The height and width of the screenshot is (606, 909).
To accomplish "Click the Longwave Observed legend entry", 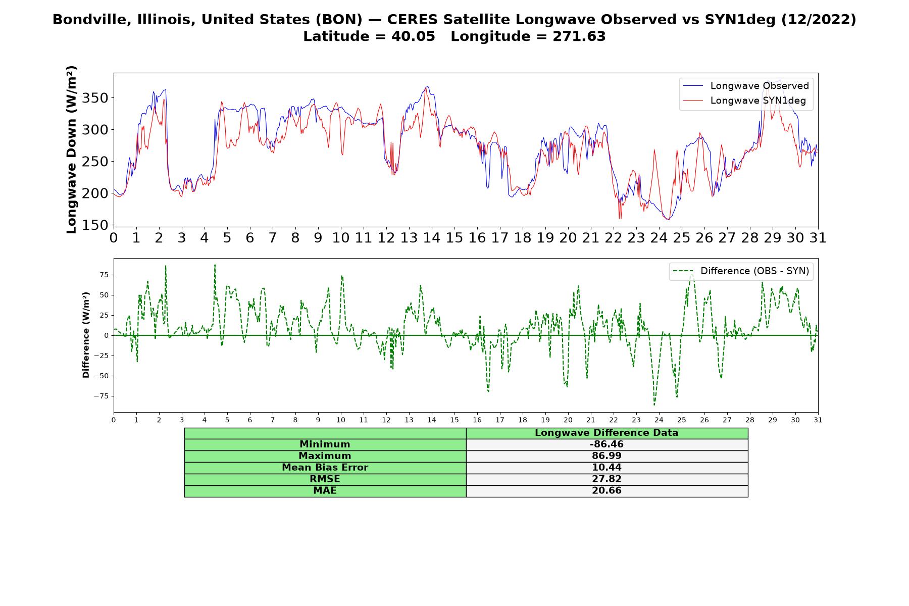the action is point(745,86).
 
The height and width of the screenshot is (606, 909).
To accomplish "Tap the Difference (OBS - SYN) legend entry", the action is point(741,271).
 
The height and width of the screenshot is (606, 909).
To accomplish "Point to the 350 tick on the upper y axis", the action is point(96,97).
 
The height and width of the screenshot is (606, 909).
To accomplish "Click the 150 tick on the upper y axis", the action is point(96,225).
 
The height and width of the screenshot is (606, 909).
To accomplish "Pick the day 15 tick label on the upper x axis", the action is point(454,238).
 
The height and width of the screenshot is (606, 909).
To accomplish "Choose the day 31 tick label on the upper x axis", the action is point(818,238).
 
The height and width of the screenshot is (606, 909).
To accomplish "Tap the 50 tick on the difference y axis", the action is point(105,295).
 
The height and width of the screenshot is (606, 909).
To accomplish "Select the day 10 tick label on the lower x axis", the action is point(340,420).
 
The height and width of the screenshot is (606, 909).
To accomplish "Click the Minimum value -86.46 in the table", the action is point(607,444).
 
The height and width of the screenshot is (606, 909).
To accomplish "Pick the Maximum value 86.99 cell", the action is point(607,456).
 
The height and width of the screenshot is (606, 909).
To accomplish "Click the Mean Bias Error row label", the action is point(325,468).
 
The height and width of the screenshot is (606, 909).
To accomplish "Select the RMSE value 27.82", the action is point(607,479).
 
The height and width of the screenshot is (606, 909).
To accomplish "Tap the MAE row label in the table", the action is point(325,491).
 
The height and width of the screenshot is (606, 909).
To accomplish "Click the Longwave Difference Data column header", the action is point(607,433).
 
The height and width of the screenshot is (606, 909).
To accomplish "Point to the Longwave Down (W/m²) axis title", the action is point(71,149).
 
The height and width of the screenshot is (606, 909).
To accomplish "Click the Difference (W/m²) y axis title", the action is point(86,335).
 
